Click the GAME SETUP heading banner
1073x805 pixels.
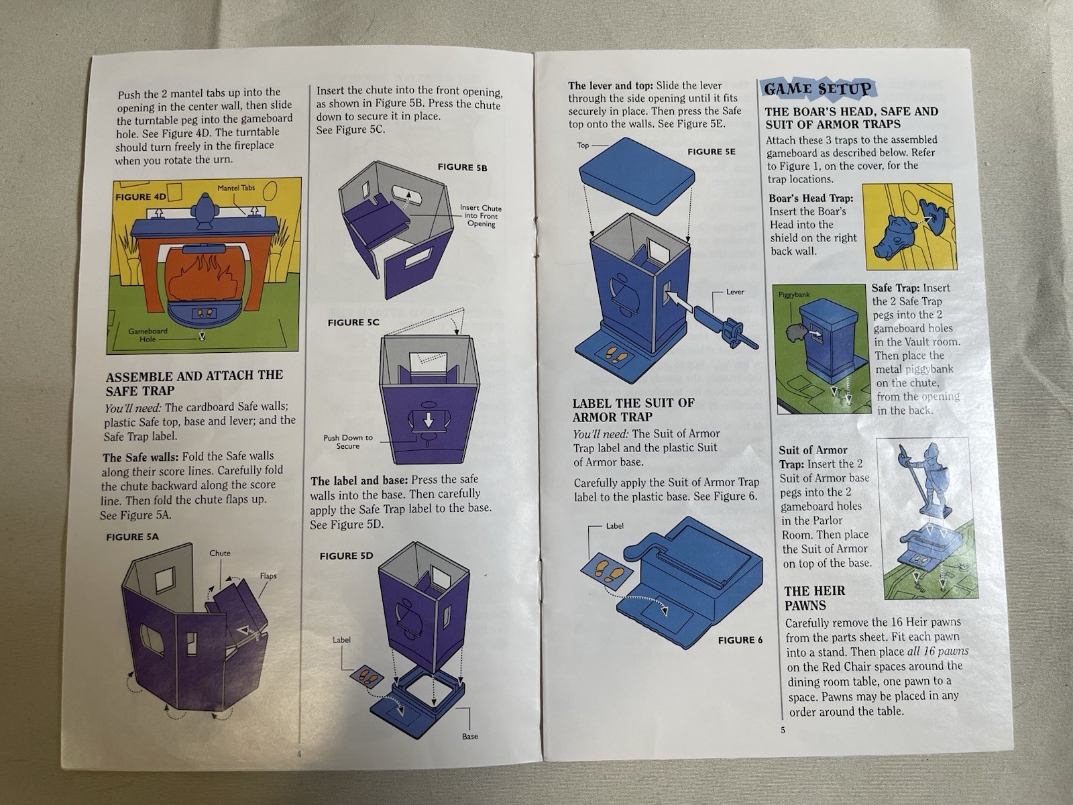coord(817,90)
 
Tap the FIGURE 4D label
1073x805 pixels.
coord(140,197)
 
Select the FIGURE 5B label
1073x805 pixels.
coord(462,167)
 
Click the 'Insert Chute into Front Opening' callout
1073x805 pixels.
coord(481,215)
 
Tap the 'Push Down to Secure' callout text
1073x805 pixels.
coord(347,442)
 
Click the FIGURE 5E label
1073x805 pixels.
coord(712,152)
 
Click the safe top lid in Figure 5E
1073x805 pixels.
coord(637,174)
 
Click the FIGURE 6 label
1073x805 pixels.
coord(740,640)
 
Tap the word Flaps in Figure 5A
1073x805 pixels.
coord(268,576)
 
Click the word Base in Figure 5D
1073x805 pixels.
coord(470,736)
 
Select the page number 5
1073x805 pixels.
coord(783,730)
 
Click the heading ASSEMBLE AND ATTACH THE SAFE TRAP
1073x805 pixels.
coord(194,382)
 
